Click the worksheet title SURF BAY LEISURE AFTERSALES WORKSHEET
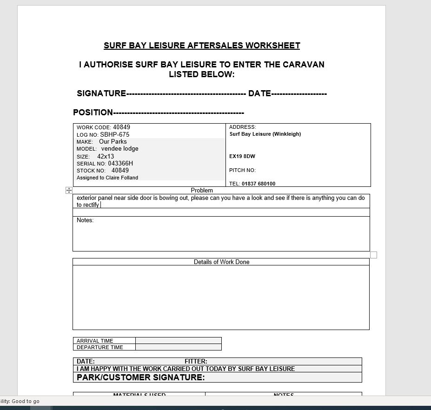click(x=202, y=46)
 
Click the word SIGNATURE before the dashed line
click(x=101, y=93)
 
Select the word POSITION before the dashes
click(x=93, y=112)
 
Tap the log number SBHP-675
click(x=114, y=134)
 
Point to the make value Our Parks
click(x=113, y=141)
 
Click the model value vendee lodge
click(x=119, y=149)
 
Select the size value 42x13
click(x=106, y=156)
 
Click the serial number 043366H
click(x=120, y=164)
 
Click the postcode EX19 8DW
click(x=242, y=156)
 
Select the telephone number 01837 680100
click(x=258, y=184)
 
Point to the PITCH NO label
click(x=242, y=170)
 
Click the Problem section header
click(x=202, y=191)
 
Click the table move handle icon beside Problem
click(x=69, y=190)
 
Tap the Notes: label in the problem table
click(x=85, y=220)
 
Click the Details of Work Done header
click(x=221, y=262)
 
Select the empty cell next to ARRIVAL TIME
click(x=178, y=341)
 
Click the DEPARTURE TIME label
click(x=100, y=347)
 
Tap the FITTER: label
click(x=196, y=361)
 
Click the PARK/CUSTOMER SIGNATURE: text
click(x=140, y=377)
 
